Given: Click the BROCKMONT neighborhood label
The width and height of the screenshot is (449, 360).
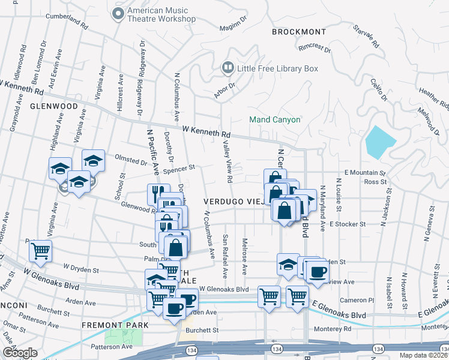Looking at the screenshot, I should (x=298, y=32).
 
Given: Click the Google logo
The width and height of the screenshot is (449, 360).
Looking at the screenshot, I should (x=19, y=353).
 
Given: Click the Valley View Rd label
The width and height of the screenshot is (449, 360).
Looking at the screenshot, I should (x=228, y=159).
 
